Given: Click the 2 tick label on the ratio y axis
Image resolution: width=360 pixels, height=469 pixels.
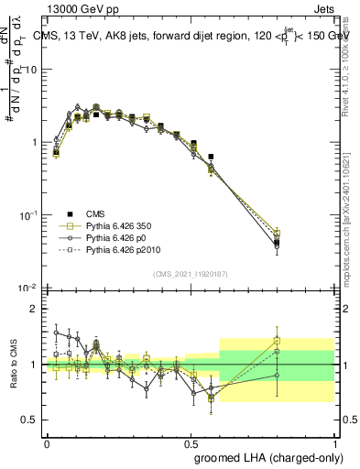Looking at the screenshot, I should (x=37, y=309).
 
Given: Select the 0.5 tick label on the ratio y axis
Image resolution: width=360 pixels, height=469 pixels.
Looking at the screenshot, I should (x=32, y=420).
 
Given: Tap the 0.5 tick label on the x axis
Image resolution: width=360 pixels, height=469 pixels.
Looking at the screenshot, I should (x=191, y=442).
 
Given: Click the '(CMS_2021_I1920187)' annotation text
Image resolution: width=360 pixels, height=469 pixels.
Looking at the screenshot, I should (x=191, y=273).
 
